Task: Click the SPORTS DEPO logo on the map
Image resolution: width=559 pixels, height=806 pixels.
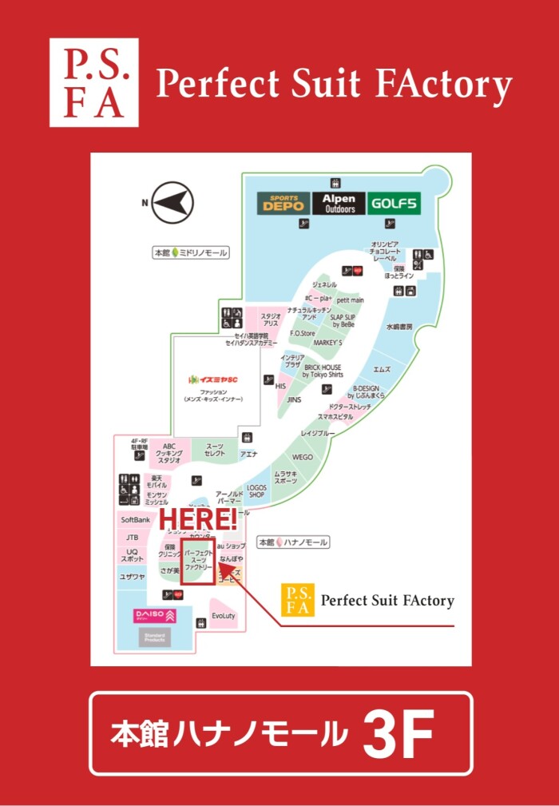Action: (283, 203)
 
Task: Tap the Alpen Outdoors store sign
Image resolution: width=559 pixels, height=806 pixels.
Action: (339, 203)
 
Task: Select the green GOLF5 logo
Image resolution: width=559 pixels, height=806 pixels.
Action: (394, 203)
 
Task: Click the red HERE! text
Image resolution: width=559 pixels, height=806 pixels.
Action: (198, 520)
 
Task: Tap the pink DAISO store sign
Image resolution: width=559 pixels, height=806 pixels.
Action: (154, 616)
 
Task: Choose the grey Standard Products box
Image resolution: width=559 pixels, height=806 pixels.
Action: (154, 637)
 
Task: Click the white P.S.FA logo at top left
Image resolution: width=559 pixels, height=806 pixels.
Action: (93, 83)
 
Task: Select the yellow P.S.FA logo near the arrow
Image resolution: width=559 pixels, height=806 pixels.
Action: (297, 600)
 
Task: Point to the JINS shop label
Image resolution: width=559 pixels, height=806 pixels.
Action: (294, 399)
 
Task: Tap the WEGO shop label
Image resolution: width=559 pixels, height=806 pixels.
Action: (303, 458)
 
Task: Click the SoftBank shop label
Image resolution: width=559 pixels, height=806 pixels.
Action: (136, 519)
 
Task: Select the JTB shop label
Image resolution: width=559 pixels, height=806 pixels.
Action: (133, 538)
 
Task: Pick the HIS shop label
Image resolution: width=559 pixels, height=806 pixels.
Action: (280, 386)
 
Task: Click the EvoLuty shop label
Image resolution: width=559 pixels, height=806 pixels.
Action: (224, 616)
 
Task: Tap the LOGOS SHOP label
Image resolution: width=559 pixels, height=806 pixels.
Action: (256, 490)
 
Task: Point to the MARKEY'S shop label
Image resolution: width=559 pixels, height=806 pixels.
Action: (327, 342)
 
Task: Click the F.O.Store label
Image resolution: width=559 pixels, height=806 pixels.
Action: (303, 332)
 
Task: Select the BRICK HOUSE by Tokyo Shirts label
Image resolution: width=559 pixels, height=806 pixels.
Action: (322, 371)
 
